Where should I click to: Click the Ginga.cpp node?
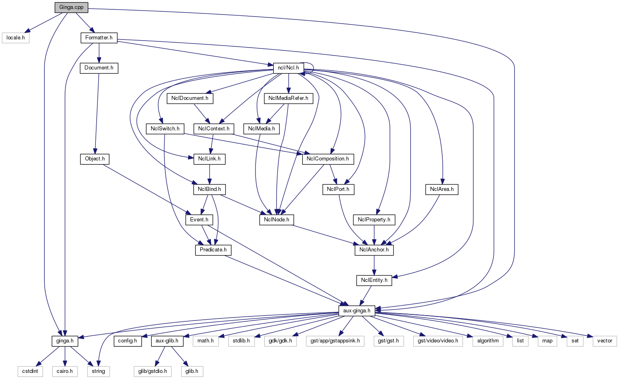point(71,7)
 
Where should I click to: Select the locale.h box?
point(15,38)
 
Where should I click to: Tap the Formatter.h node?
point(99,38)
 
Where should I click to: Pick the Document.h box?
point(99,68)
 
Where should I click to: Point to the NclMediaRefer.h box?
point(288,98)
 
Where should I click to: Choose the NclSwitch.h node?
point(165,129)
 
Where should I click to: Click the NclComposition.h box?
point(328,159)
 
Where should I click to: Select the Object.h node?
point(95,159)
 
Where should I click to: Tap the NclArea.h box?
point(442,189)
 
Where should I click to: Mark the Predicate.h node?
point(213,250)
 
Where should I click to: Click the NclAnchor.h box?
point(374,250)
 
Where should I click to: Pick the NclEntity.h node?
point(374,280)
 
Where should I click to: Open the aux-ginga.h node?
point(357,311)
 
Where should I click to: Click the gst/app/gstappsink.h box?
point(335,341)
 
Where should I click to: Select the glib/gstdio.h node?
point(153,371)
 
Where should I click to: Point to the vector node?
point(604,341)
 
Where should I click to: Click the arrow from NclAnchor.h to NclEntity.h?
point(374,265)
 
